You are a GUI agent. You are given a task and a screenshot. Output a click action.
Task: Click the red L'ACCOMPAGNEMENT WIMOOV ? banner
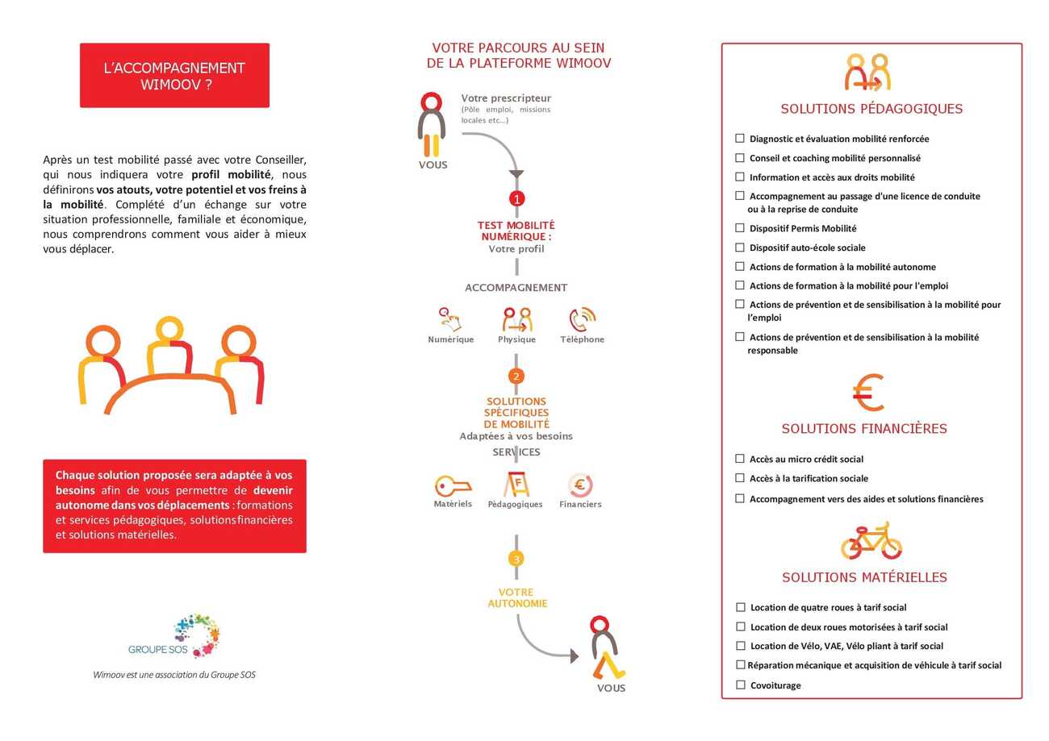174,76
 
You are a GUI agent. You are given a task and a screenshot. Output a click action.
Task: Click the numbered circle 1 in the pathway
517,198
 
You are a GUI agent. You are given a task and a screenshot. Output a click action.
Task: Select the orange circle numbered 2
516,377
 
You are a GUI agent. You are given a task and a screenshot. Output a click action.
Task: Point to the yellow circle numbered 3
516,559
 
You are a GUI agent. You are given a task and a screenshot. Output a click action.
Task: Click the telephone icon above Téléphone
582,319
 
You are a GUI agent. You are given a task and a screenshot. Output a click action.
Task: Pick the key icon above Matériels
452,486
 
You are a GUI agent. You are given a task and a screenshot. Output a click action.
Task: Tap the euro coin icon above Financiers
580,485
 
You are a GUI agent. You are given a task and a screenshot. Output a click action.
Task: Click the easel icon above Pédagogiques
516,484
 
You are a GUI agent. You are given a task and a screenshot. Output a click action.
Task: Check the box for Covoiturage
741,685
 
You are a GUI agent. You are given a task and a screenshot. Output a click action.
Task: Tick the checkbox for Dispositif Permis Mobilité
740,228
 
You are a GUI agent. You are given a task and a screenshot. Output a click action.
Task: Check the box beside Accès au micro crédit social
740,459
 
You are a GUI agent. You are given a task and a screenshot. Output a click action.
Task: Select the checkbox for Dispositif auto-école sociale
740,248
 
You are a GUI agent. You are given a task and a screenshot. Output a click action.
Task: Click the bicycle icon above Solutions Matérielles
871,541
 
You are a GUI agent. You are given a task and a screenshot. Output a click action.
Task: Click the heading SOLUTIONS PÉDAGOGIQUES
871,109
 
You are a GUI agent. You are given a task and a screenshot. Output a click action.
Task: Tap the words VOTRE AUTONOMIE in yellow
517,598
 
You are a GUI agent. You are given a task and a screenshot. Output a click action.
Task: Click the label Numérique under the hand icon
451,339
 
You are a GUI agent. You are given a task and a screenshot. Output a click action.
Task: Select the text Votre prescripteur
506,98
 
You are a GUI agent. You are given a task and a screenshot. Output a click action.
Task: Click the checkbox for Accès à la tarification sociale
740,478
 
